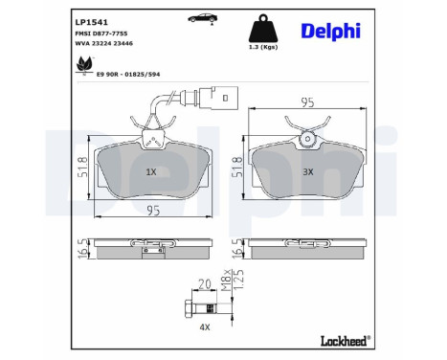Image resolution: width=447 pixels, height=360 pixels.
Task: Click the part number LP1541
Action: click(92, 19)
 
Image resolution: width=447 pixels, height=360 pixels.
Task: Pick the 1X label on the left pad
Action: click(150, 171)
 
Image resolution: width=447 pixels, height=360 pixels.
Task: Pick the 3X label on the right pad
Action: click(308, 171)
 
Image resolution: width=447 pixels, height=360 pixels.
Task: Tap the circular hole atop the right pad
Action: click(307, 140)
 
